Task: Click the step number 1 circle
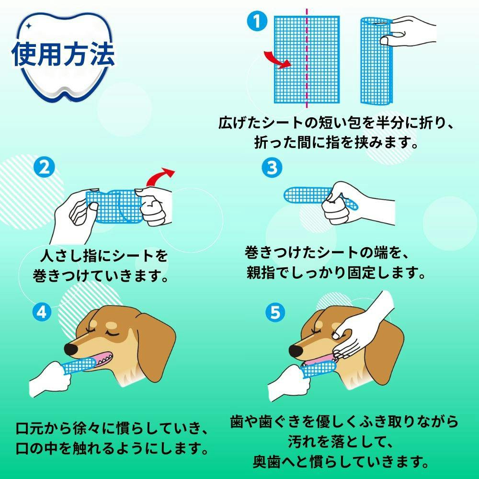point(257,21)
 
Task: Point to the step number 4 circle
point(42,312)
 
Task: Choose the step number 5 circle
point(275,312)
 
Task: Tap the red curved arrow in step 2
point(159,177)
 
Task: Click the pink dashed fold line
point(307,58)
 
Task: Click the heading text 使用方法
point(63,54)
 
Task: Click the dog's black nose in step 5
point(296,351)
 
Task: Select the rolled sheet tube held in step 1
point(376,60)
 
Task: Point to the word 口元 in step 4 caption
point(30,429)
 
